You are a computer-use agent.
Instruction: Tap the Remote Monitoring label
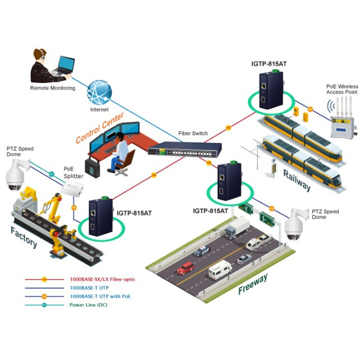(x=52, y=88)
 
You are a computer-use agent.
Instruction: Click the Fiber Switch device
(x=184, y=149)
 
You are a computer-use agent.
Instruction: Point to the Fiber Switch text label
(x=193, y=133)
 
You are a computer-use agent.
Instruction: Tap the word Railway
(x=296, y=179)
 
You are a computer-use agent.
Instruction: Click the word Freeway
(x=253, y=284)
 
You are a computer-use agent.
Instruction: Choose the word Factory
(x=23, y=234)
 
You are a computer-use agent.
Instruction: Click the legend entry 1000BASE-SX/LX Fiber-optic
(x=101, y=279)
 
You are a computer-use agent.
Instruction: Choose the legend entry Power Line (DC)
(x=88, y=305)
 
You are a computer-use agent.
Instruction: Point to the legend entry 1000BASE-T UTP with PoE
(x=101, y=296)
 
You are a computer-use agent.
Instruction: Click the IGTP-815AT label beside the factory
(x=135, y=213)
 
